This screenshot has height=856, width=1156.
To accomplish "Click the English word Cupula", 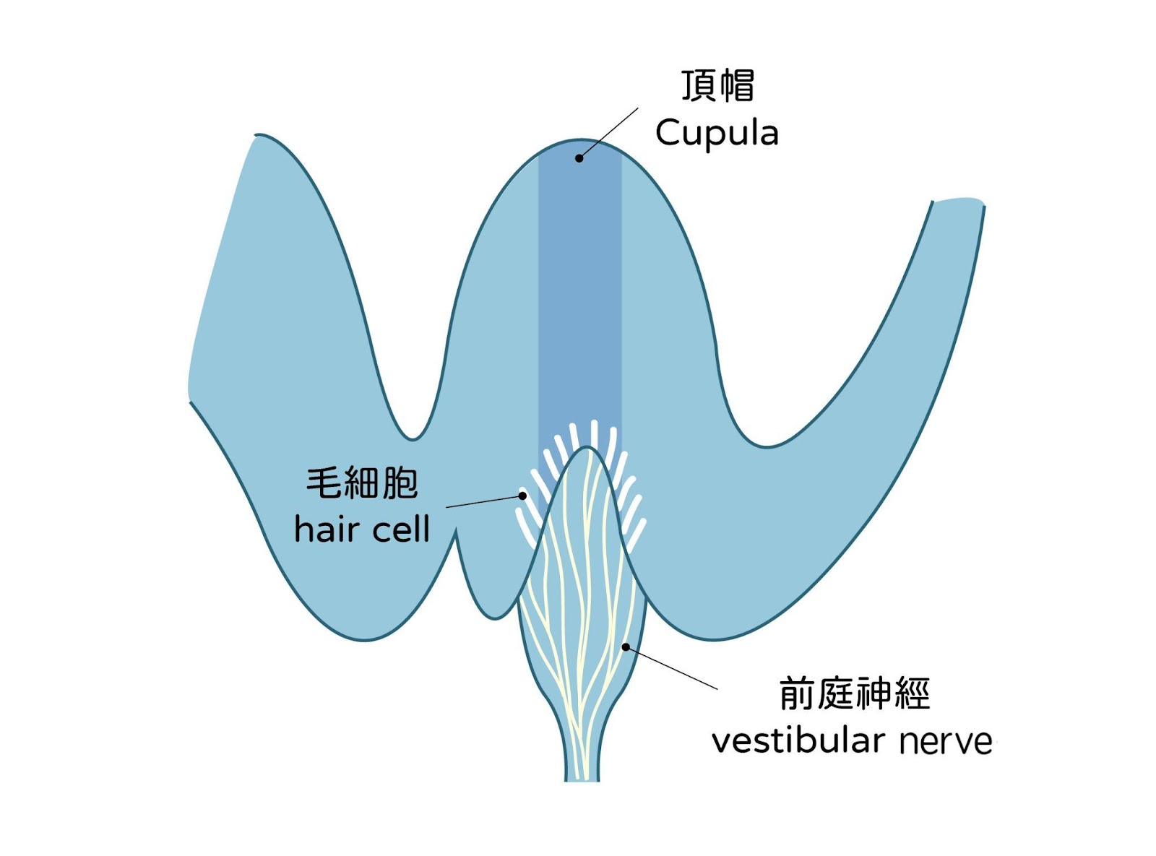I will pyautogui.click(x=717, y=133).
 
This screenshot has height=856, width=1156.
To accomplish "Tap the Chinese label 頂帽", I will pyautogui.click(x=718, y=85).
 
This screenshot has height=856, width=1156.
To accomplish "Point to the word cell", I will pyautogui.click(x=400, y=529).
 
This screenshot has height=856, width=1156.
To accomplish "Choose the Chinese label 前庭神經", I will pyautogui.click(x=854, y=693).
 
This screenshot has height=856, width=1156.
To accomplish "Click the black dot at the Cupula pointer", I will pyautogui.click(x=579, y=158).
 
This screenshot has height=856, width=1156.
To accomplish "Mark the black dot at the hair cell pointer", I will pyautogui.click(x=522, y=496).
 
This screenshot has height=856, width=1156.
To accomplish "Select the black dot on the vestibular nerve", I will pyautogui.click(x=626, y=647).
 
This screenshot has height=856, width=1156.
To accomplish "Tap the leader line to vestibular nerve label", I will pyautogui.click(x=672, y=668).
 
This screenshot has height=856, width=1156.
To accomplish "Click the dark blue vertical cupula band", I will pyautogui.click(x=579, y=289).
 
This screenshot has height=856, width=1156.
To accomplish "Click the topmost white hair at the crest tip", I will pyautogui.click(x=594, y=432).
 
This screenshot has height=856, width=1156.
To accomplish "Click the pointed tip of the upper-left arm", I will pyautogui.click(x=256, y=136).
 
